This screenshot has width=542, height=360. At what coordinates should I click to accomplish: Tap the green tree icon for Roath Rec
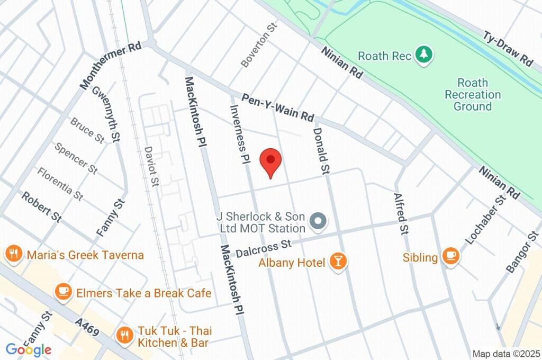tap(423, 55)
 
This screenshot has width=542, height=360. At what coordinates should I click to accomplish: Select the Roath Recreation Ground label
tap(472, 95)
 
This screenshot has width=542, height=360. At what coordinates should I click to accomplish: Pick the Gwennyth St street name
tap(105, 114)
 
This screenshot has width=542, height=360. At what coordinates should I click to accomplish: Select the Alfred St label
tap(402, 213)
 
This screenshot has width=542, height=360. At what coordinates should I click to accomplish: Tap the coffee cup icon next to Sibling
tap(450, 257)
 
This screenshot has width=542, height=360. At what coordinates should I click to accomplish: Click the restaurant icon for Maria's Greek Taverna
tap(13, 255)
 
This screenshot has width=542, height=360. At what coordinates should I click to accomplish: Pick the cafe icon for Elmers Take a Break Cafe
tap(64, 292)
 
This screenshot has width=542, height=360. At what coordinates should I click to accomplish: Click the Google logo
tap(29, 349)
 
